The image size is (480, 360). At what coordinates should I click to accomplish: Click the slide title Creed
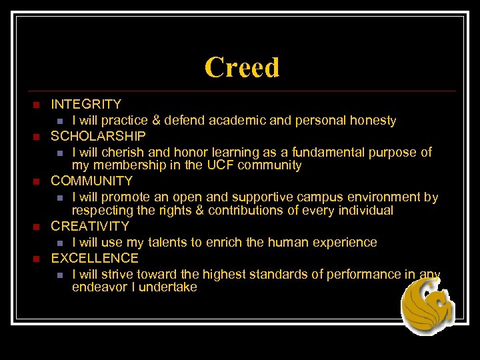242,67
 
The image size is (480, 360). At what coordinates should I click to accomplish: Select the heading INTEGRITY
86,104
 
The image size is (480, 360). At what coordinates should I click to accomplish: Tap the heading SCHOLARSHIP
98,136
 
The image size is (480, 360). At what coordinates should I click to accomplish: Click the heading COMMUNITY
92,181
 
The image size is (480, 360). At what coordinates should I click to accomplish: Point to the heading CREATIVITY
90,226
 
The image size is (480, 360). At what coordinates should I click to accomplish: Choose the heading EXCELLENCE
95,258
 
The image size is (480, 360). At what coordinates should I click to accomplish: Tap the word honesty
371,121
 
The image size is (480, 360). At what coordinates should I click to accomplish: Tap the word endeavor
99,287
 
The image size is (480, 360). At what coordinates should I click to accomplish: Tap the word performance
369,274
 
